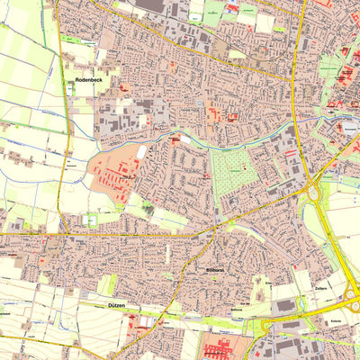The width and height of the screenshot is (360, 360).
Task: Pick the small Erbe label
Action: (269, 282)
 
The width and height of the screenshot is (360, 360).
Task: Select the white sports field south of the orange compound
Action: (91, 220)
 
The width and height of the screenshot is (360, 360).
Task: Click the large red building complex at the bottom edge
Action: (220, 349)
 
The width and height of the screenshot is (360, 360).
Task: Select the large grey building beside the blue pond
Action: (285, 305)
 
